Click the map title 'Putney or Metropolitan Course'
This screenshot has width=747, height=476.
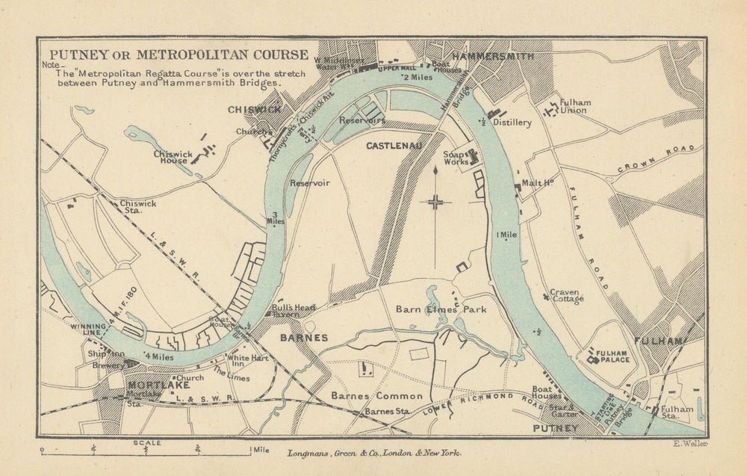coord(178,55)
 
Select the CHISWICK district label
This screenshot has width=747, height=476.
coord(255,110)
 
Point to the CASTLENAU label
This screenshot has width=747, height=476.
coord(391,146)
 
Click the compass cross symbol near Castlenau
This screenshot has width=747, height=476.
coord(436,201)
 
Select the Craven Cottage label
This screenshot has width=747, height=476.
coord(566,295)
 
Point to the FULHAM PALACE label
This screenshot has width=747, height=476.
coord(612,359)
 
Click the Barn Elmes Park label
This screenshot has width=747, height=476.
coord(441,309)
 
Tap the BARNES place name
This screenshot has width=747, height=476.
coord(303,338)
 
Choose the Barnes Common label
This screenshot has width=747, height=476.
coord(377,395)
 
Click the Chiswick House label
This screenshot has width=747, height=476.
coord(173,158)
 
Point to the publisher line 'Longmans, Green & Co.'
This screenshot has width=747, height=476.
coord(374,453)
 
